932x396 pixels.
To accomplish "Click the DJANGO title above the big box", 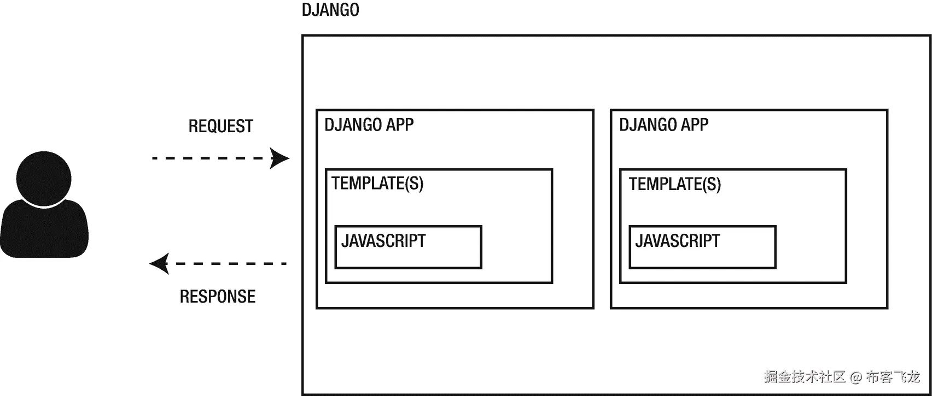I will click(x=330, y=10).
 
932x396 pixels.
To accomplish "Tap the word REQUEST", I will click(x=220, y=126).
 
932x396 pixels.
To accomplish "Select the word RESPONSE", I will click(x=218, y=297).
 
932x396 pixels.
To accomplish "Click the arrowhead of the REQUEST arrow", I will click(x=280, y=158).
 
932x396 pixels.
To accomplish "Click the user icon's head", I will click(x=44, y=179).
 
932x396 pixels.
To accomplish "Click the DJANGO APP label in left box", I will click(x=369, y=125).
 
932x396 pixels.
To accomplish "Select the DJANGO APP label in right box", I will click(x=663, y=125).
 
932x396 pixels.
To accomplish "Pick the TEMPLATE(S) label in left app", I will click(x=377, y=183).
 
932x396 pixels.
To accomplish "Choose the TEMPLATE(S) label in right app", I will click(x=674, y=184).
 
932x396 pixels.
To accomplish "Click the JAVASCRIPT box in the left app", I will click(x=408, y=247).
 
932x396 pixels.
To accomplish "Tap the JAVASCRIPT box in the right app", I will click(x=702, y=247).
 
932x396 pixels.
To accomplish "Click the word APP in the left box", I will click(x=400, y=125).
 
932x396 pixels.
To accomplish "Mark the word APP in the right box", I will click(x=695, y=125).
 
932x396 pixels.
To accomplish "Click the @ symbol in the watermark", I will click(x=856, y=377).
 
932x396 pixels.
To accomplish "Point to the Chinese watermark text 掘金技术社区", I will click(x=805, y=377).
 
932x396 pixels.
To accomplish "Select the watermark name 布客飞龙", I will click(x=893, y=377).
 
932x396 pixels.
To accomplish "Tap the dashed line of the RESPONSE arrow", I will click(x=230, y=264).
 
